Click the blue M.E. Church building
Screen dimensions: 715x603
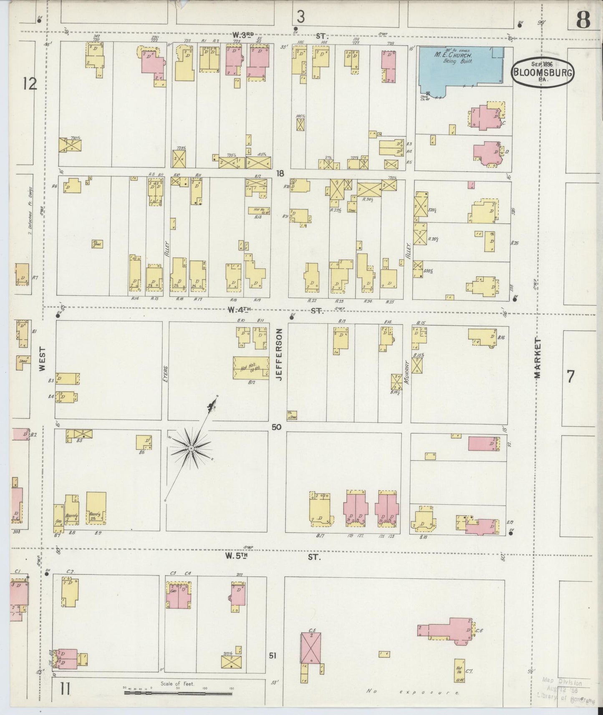(x=459, y=67)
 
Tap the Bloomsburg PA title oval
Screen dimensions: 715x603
(x=542, y=73)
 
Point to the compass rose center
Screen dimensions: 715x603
(x=190, y=448)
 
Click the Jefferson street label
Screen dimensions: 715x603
(x=279, y=354)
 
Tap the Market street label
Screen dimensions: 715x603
(x=537, y=358)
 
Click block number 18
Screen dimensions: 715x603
(x=280, y=173)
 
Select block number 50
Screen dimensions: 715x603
(x=276, y=427)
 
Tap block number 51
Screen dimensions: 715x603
(x=272, y=656)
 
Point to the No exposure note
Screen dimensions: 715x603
(x=412, y=692)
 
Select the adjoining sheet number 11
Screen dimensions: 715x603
(x=65, y=690)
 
